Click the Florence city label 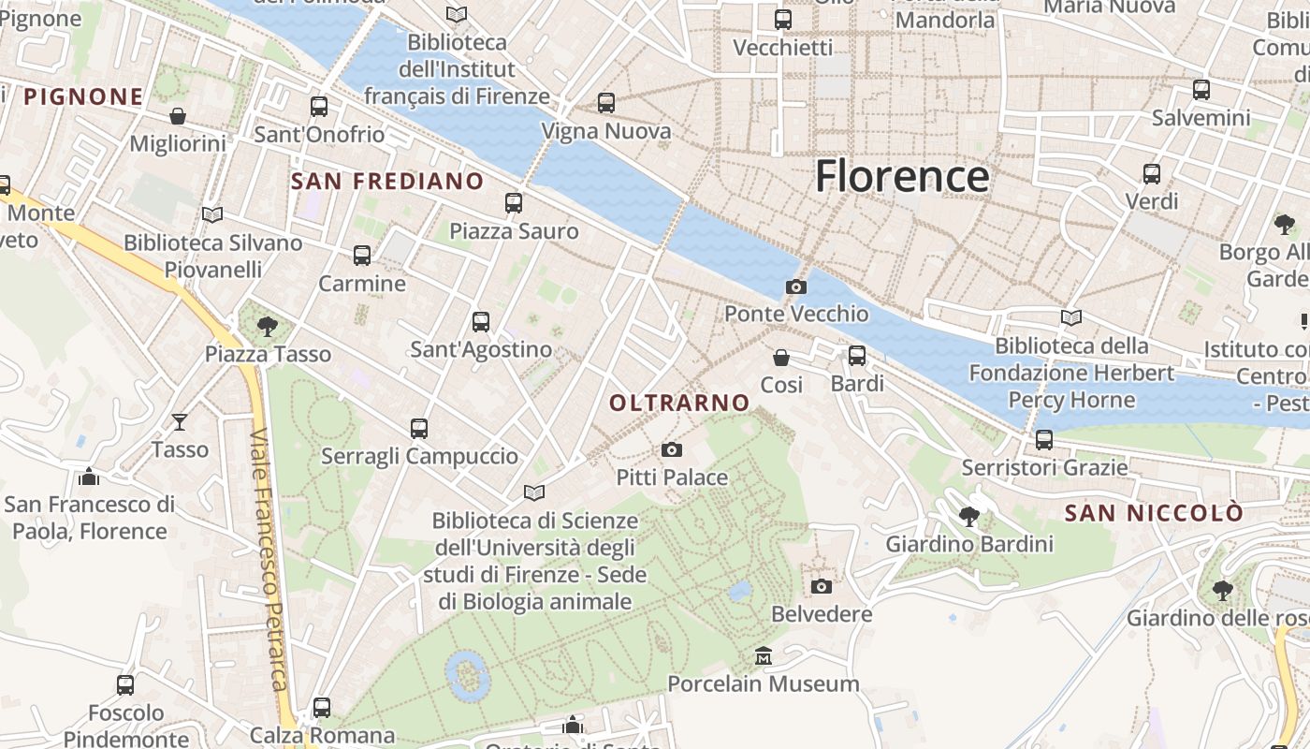901,176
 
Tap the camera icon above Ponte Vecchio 796,286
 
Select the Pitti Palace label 672,477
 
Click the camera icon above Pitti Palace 671,450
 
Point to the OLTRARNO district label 679,403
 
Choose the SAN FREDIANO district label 387,181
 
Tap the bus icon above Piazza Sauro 513,203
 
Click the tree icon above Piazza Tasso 268,326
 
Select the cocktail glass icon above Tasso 180,422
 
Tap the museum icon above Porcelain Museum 764,655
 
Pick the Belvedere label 822,614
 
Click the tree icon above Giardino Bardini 969,516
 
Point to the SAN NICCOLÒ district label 1155,513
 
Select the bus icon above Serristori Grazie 1044,439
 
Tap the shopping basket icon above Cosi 781,358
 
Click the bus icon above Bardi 857,356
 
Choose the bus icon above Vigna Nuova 606,103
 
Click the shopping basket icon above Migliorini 178,116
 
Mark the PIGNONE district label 83,96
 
